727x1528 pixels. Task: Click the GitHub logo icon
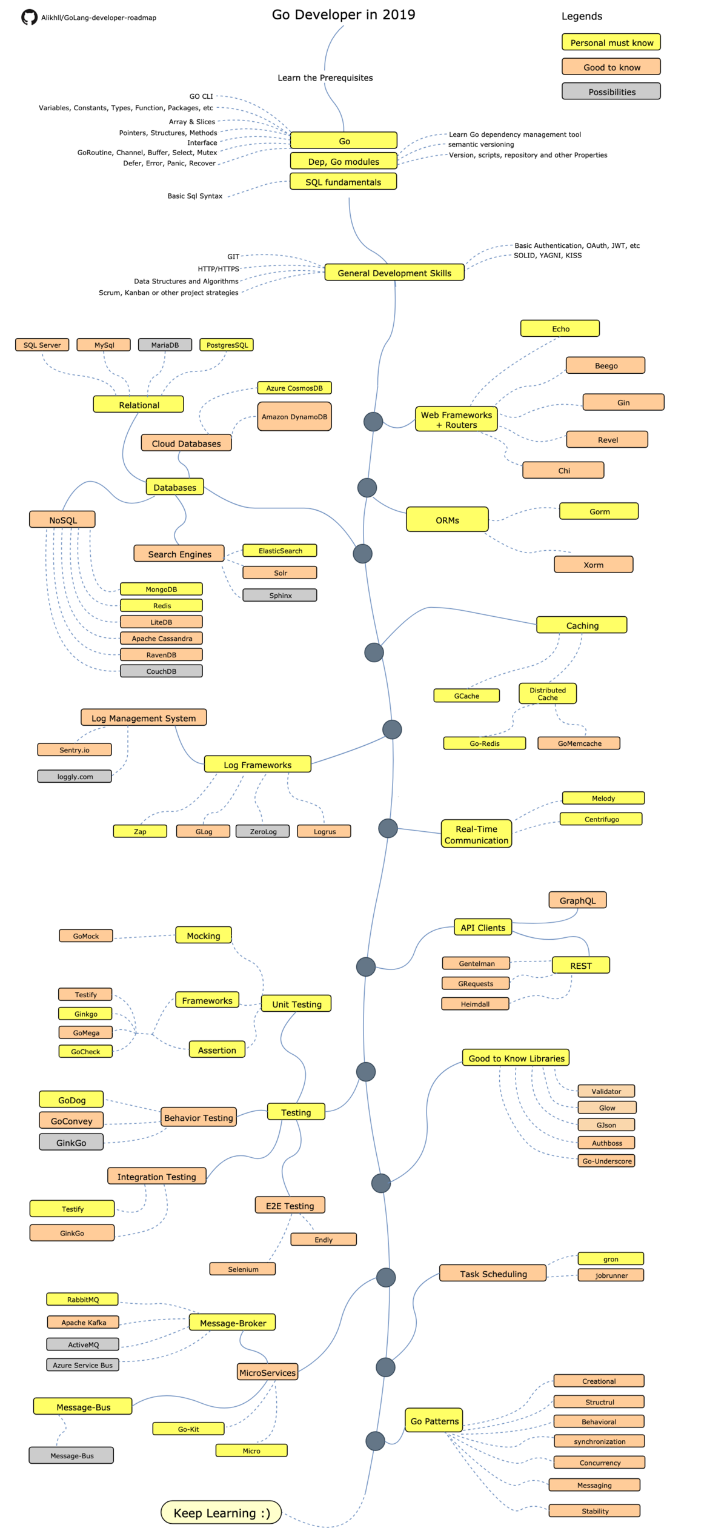coord(29,18)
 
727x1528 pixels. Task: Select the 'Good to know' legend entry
coord(611,67)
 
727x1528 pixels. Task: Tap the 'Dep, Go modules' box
coord(344,161)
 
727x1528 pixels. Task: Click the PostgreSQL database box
coord(227,345)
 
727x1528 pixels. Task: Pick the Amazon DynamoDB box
coord(294,417)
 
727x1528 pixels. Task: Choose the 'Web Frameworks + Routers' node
coord(456,419)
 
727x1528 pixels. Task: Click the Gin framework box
coord(623,402)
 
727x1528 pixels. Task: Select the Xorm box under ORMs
coord(593,565)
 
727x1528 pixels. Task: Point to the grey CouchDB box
coord(161,671)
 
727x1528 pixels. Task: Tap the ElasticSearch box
coord(280,551)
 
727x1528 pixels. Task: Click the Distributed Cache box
coord(547,694)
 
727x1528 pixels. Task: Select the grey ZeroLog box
coord(263,831)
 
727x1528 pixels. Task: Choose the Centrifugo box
coord(601,819)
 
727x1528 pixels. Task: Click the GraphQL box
coord(577,900)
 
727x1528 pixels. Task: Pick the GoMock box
coord(86,936)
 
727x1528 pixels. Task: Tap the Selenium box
coord(242,1269)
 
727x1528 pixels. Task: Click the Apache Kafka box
coord(83,1322)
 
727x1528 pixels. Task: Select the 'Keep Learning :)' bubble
coord(221,1512)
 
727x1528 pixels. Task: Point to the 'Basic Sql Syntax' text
coord(194,196)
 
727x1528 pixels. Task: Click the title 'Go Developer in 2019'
coord(344,15)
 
